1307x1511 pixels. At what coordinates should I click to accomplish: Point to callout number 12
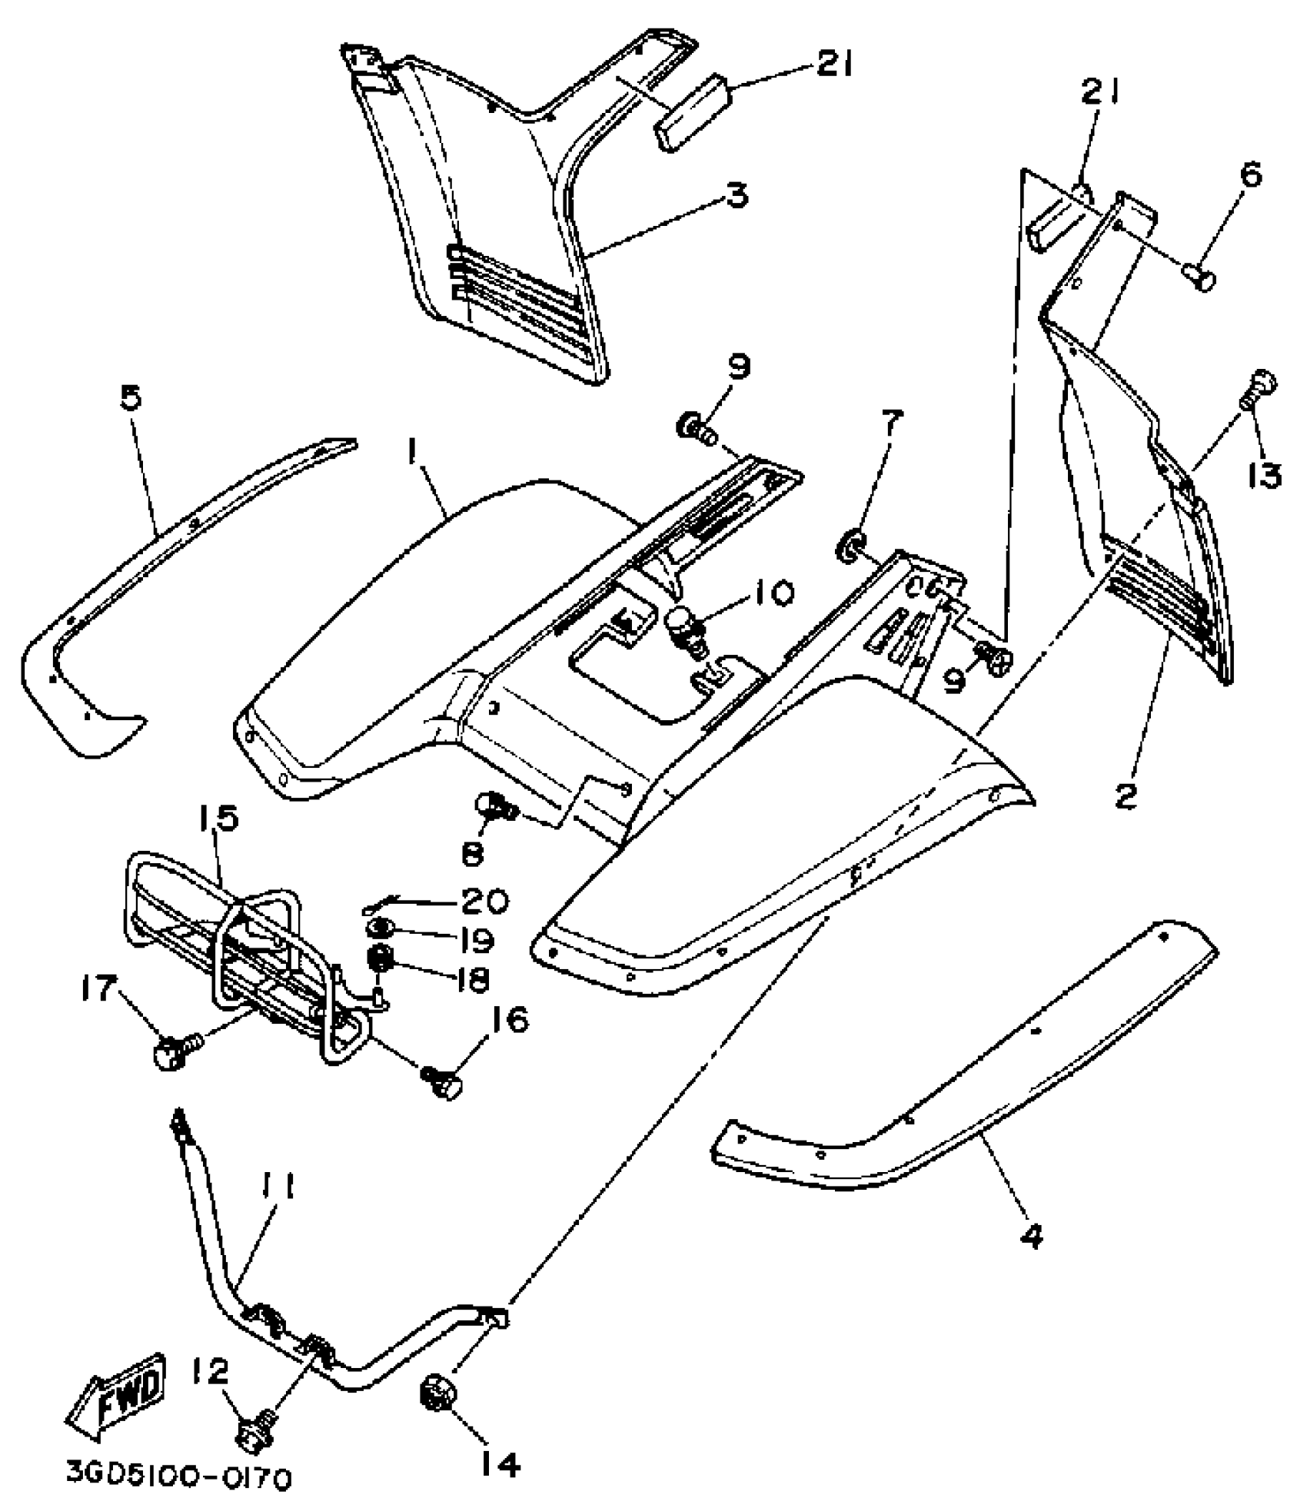209,1369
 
